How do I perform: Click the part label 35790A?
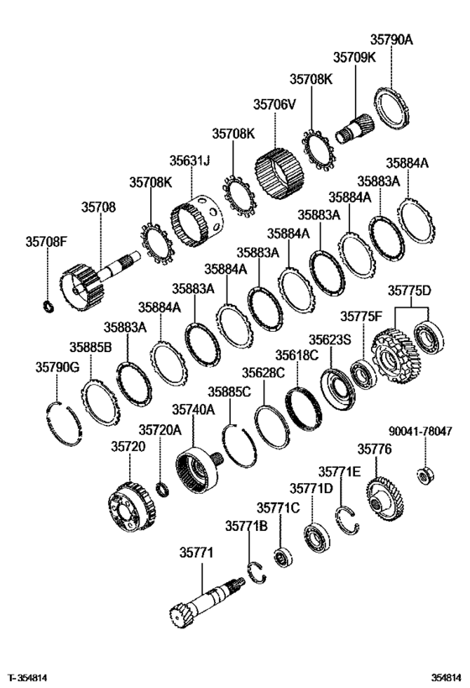point(391,39)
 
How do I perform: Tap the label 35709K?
point(354,57)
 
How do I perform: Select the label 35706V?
point(274,104)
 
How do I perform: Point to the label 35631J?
point(190,160)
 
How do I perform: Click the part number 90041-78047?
point(420,431)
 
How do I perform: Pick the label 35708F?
point(46,241)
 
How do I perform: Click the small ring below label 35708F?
point(48,306)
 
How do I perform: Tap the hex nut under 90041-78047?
point(425,476)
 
